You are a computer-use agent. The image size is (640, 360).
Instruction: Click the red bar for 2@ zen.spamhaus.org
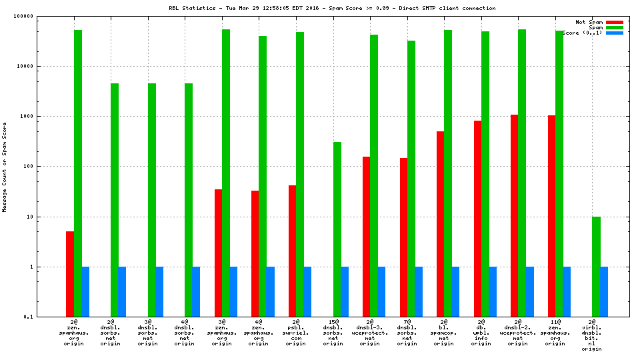(x=70, y=274)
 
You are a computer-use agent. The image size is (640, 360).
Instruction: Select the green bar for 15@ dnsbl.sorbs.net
(x=337, y=229)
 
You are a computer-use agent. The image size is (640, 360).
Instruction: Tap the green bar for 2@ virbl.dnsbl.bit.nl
(x=597, y=267)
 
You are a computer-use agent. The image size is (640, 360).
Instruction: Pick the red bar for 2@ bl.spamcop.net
(x=441, y=224)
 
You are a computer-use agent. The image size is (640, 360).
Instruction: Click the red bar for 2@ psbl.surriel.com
(x=293, y=251)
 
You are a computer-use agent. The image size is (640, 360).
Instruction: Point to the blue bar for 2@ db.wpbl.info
(x=493, y=292)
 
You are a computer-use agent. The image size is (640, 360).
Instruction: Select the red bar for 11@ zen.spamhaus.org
(x=552, y=216)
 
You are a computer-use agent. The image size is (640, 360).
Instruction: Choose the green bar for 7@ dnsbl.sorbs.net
(x=411, y=179)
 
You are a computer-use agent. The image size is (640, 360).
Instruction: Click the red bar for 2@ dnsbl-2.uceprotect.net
(x=515, y=215)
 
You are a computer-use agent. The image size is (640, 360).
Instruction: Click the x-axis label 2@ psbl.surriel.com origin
(x=296, y=333)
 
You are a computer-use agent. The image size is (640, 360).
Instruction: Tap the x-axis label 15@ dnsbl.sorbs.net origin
(x=333, y=333)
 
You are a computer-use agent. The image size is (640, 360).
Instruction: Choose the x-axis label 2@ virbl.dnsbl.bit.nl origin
(x=596, y=336)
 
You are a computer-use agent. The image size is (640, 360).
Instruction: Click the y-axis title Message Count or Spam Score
(x=5, y=167)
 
